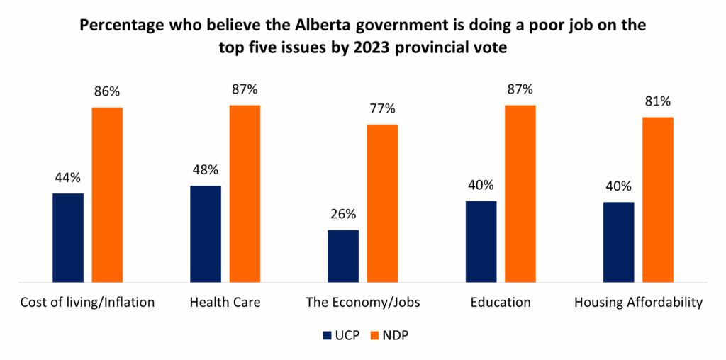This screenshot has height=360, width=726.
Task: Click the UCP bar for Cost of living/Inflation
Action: [x=68, y=238]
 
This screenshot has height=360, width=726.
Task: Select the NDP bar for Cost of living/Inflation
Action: [x=107, y=195]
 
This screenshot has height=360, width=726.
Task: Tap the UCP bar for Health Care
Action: [x=206, y=235]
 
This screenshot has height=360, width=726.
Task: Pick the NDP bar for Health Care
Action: [x=245, y=194]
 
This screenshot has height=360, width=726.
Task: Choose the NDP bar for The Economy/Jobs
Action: [x=382, y=204]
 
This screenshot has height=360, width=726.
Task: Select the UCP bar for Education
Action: [x=481, y=242]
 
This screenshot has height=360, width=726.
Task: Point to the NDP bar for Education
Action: [x=520, y=194]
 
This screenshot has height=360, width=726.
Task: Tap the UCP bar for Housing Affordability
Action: [x=618, y=242]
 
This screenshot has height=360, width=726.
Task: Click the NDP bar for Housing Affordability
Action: [x=657, y=200]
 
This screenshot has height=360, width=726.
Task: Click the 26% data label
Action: [x=343, y=214]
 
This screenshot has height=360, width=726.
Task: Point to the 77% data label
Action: [x=382, y=109]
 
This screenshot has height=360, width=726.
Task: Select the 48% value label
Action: [x=206, y=170]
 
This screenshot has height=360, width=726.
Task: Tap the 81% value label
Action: [x=657, y=101]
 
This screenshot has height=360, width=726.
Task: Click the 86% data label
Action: [x=107, y=92]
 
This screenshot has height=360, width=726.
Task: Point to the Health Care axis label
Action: [x=225, y=303]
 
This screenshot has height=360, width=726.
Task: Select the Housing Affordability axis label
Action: [x=638, y=303]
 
